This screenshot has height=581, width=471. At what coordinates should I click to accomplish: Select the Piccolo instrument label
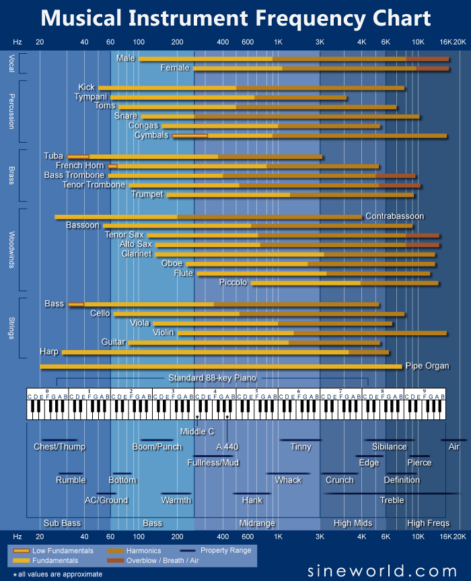click(233, 282)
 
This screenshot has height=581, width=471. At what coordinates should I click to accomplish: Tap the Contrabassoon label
click(394, 216)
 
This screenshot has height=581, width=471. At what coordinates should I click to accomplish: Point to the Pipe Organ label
click(427, 366)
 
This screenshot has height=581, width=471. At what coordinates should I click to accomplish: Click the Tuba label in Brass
click(53, 156)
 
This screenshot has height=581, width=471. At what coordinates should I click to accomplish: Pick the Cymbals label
click(151, 135)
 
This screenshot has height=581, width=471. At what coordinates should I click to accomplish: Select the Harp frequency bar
click(225, 351)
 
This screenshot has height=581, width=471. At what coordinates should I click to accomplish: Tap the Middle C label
click(197, 431)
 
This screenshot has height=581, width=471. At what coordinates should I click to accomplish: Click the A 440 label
click(227, 446)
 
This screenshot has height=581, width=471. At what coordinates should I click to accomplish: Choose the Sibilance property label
click(389, 446)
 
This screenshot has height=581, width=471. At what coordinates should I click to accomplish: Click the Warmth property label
click(176, 500)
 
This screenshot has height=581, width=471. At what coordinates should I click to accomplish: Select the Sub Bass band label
click(62, 523)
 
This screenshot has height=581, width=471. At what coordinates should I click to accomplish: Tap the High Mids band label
click(353, 523)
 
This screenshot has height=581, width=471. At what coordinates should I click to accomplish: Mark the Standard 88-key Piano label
click(212, 377)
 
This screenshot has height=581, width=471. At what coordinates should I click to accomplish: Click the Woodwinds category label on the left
click(12, 250)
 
